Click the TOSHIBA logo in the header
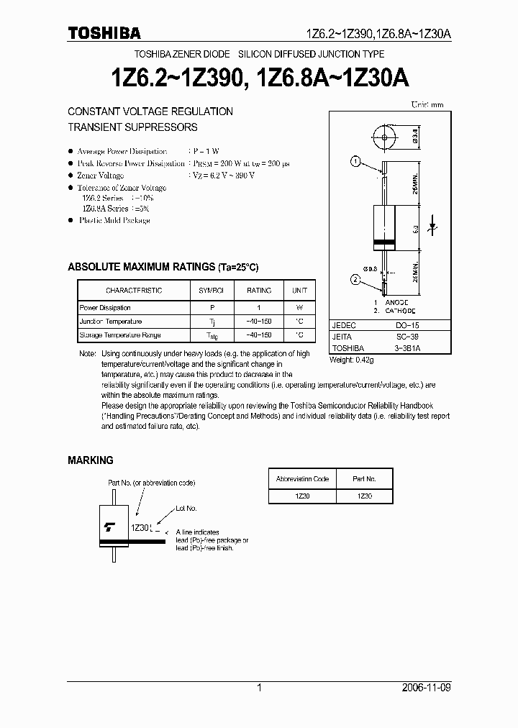[x=104, y=33]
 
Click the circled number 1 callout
[x=355, y=161]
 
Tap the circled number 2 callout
[x=355, y=280]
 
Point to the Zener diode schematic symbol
[x=434, y=225]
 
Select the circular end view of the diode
[x=386, y=136]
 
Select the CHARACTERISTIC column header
[x=134, y=291]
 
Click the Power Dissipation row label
[x=105, y=308]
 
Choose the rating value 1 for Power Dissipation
[x=259, y=308]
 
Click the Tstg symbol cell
[x=211, y=336]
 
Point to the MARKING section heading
[x=91, y=460]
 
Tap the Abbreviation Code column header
[x=302, y=479]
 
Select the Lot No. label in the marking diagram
[x=186, y=509]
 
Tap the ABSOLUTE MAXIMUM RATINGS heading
[x=163, y=267]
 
